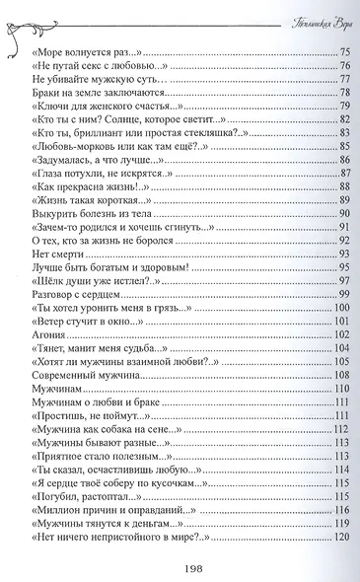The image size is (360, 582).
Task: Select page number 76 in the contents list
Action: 344,64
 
